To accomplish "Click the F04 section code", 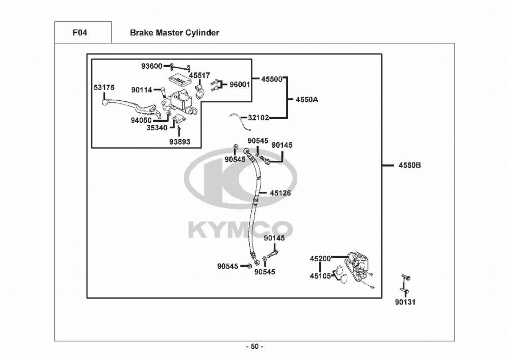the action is (x=80, y=33).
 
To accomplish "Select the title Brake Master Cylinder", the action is (x=174, y=33).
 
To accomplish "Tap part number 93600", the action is (x=152, y=66).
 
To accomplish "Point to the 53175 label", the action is (x=104, y=88).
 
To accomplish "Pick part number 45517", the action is (x=200, y=75).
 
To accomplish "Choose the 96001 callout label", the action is (x=240, y=85).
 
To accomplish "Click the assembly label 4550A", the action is (x=307, y=100).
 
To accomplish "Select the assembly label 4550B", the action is (x=410, y=165).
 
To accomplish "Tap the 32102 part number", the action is (x=259, y=118).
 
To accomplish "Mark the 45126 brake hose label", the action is (x=280, y=193).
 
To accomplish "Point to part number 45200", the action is (x=320, y=259).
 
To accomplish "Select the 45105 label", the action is (x=320, y=276).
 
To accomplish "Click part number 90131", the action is (x=405, y=302).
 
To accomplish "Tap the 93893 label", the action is (x=180, y=142).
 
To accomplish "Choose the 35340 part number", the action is (x=157, y=128).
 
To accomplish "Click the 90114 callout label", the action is (x=142, y=90).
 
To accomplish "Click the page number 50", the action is (x=255, y=347).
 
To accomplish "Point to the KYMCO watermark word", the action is (x=241, y=229).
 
